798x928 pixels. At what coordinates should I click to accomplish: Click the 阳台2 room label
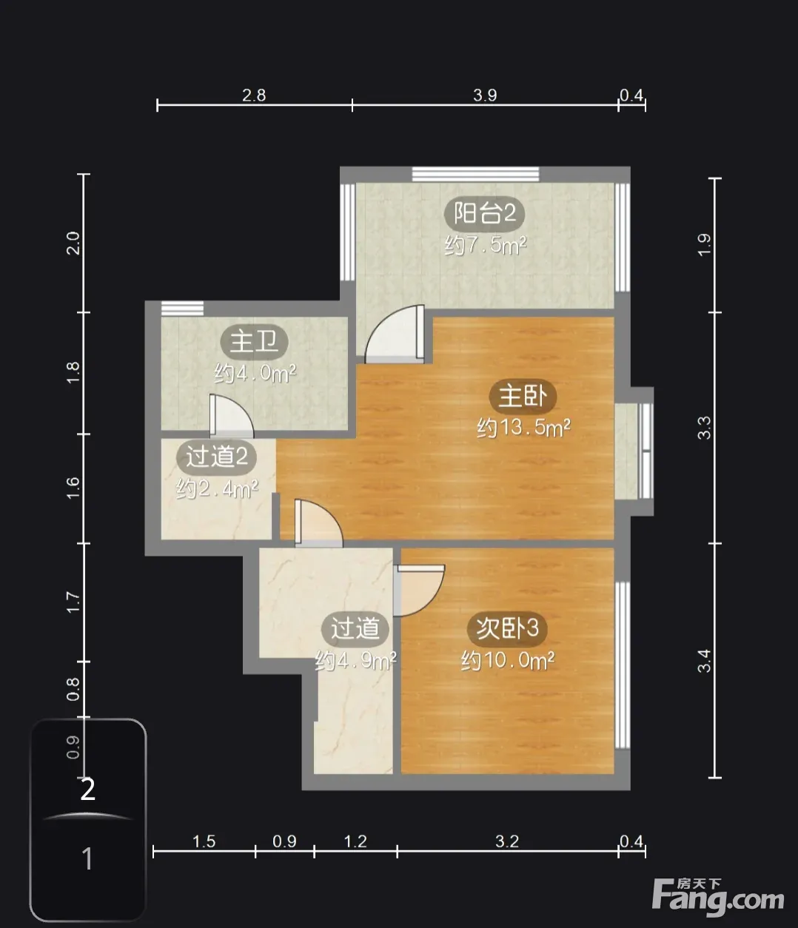pyautogui.click(x=485, y=213)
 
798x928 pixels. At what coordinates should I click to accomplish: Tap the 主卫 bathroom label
pyautogui.click(x=254, y=342)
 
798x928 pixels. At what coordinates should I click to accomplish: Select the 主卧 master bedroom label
pyautogui.click(x=523, y=397)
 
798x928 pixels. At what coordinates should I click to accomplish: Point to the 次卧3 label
pyautogui.click(x=507, y=628)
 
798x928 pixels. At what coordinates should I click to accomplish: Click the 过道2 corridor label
pyautogui.click(x=216, y=457)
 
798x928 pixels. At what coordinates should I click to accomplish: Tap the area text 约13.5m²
pyautogui.click(x=523, y=428)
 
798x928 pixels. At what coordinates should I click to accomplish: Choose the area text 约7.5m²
pyautogui.click(x=486, y=245)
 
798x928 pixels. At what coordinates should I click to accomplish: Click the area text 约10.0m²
pyautogui.click(x=508, y=660)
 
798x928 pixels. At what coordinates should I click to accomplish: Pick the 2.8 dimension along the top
pyautogui.click(x=254, y=95)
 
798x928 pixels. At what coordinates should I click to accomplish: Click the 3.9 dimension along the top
pyautogui.click(x=485, y=95)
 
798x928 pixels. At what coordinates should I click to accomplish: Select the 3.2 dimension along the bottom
pyautogui.click(x=507, y=841)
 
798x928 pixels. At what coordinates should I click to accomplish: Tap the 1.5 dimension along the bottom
pyautogui.click(x=204, y=841)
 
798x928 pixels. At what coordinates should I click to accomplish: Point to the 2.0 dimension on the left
pyautogui.click(x=73, y=243)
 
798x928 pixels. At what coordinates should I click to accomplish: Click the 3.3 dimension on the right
pyautogui.click(x=704, y=428)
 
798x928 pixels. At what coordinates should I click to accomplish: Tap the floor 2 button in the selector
pyautogui.click(x=87, y=790)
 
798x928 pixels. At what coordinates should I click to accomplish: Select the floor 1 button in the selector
pyautogui.click(x=87, y=859)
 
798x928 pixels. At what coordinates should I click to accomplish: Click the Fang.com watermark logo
pyautogui.click(x=717, y=898)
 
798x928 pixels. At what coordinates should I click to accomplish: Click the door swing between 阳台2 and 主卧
pyautogui.click(x=395, y=334)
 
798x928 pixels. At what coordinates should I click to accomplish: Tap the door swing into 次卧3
pyautogui.click(x=419, y=591)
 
